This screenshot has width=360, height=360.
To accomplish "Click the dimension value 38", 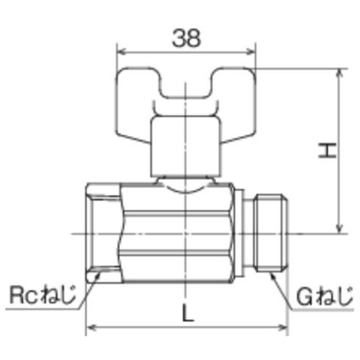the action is (x=186, y=38).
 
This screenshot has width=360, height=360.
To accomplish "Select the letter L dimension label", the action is (x=188, y=312).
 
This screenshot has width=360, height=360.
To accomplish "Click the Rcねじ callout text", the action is (x=42, y=294).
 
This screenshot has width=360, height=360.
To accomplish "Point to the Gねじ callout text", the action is (x=325, y=297).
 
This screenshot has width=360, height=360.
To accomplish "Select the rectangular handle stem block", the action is (x=185, y=147).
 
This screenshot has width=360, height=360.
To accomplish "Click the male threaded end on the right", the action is (x=271, y=233).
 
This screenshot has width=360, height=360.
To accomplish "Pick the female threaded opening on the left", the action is (x=103, y=233).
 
